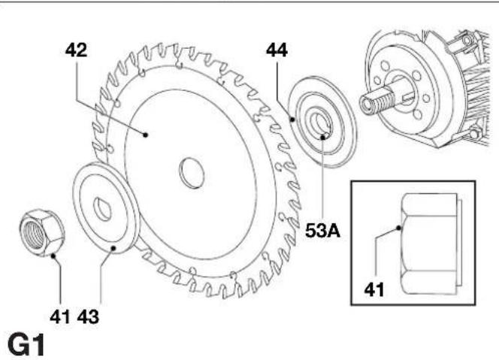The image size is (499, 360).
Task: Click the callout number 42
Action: tap(76, 50)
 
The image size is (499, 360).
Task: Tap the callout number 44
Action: tap(277, 50)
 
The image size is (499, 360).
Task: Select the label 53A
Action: tap(322, 230)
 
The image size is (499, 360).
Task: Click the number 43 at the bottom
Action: tap(88, 317)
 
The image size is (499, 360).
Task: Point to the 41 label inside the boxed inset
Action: tap(374, 290)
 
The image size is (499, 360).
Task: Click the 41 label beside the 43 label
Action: tap(60, 317)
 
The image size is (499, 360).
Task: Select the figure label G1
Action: tap(26, 345)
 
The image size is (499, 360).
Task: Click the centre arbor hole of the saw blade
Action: tap(192, 173)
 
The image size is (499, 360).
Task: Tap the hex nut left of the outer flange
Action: tap(41, 232)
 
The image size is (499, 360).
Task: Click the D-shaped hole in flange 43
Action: tap(102, 209)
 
